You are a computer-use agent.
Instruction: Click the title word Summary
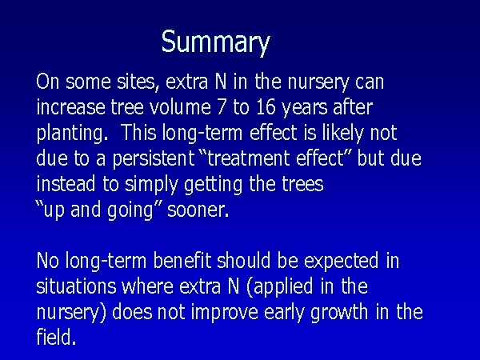pos(215,43)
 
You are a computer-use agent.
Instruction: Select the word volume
pos(180,107)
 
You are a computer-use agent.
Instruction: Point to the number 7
pos(222,108)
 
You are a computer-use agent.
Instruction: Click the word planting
pos(72,134)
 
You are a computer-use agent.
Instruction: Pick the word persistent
pos(154,159)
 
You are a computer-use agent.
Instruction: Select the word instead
pos(66,184)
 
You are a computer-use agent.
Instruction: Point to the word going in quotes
pos(130,211)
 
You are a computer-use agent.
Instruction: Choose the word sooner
pos(198,210)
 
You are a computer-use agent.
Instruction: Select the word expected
pos(342,262)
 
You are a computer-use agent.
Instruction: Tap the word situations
pos(76,287)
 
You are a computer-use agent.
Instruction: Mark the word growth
pos(339,313)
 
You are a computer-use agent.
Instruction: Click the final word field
pos(56,338)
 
